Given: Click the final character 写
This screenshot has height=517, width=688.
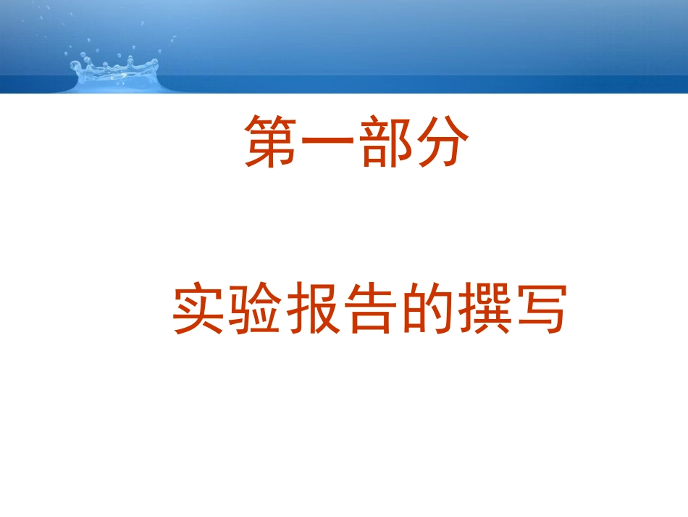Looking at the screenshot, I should tap(537, 310).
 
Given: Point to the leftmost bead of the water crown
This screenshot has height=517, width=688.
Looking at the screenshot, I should tap(75, 66).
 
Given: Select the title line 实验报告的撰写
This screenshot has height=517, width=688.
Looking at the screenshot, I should tap(369, 310).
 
